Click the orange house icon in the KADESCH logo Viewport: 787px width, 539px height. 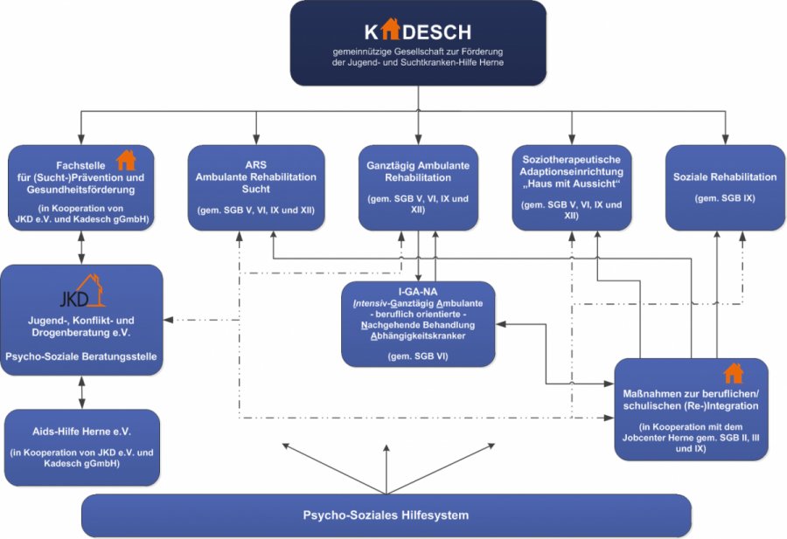point(390,30)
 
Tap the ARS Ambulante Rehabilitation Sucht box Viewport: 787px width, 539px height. point(256,187)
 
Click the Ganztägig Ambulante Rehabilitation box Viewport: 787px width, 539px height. point(416,187)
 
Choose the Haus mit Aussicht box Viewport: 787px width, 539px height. point(572,187)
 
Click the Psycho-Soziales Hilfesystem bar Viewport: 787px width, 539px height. point(386,515)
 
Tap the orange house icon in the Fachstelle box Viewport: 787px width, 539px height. point(126,160)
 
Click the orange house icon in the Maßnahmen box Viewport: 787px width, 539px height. point(733,374)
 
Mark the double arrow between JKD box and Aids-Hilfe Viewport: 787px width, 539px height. point(82,392)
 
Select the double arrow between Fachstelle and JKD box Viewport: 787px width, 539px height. point(82,247)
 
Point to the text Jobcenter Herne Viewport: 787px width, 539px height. point(665,437)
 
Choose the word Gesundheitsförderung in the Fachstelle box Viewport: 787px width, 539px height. point(82,186)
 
